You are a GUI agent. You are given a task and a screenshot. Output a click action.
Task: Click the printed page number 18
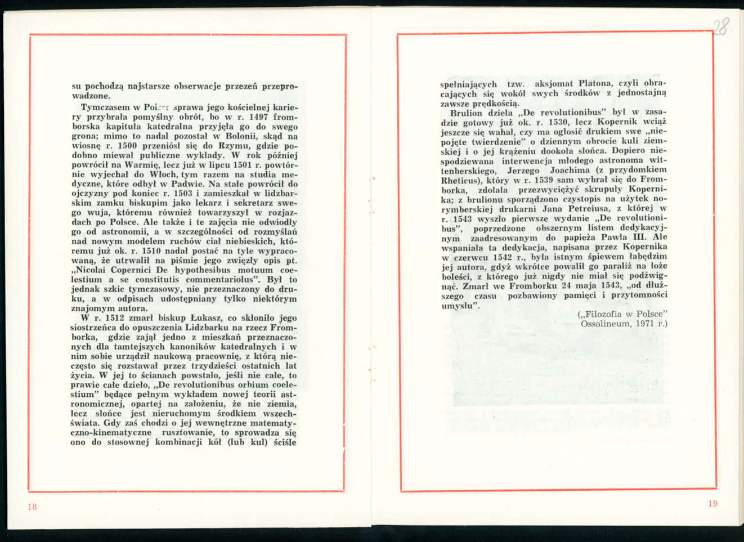(32, 507)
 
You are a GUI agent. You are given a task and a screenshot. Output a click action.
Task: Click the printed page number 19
(712, 504)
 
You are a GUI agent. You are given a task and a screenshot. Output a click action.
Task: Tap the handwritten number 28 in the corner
(721, 26)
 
